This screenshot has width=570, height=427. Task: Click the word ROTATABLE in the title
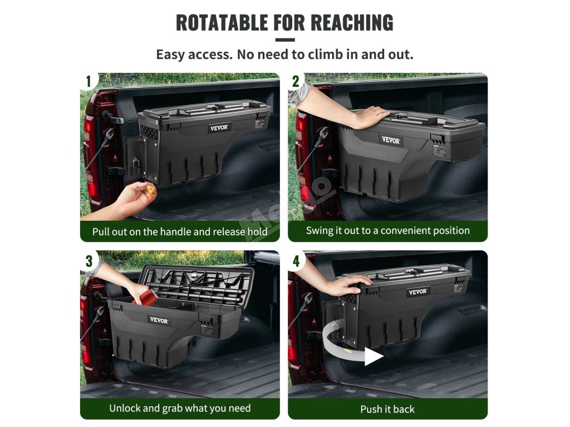[x=222, y=22]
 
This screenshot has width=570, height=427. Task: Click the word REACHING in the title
[x=352, y=22]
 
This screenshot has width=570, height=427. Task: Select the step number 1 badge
[x=89, y=81]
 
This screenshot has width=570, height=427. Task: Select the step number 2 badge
[x=296, y=81]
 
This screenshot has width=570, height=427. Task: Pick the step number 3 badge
[x=89, y=261]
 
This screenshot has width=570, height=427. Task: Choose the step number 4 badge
[x=296, y=261]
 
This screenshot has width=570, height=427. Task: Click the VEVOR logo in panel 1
[x=219, y=127]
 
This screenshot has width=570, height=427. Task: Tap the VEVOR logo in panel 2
[x=391, y=140]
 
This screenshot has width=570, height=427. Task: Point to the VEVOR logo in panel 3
[x=159, y=320]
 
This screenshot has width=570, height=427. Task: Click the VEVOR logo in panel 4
[x=417, y=291]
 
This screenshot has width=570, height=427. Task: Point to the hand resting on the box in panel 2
[x=368, y=117]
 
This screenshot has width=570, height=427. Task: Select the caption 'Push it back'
[x=387, y=409]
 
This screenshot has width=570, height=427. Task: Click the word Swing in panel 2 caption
[x=319, y=231]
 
